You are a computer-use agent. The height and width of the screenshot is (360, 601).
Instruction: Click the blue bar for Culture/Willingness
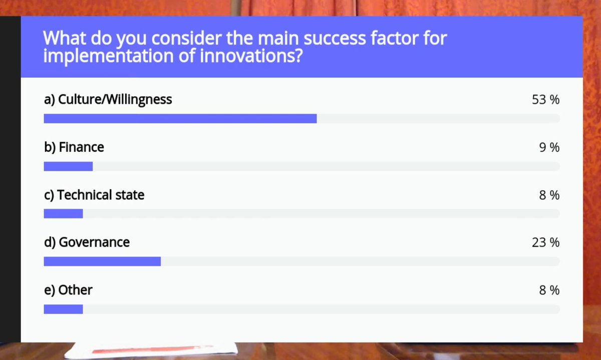180,119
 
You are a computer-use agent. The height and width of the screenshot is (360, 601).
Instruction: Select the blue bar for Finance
68,166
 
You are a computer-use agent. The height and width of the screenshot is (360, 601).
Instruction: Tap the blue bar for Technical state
63,214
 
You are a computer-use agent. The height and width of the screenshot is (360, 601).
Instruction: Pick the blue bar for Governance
102,261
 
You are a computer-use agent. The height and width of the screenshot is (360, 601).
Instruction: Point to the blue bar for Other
63,309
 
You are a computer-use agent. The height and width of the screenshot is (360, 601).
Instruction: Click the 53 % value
545,100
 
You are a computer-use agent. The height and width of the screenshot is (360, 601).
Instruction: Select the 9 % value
549,148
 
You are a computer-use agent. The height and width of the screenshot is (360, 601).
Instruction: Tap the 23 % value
545,243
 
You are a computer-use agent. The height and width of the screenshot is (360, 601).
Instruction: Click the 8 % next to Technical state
549,195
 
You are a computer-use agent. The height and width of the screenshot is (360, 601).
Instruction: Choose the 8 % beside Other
549,290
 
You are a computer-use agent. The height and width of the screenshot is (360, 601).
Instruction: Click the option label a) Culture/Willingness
108,100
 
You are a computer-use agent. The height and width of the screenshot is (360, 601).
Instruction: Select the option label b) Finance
74,147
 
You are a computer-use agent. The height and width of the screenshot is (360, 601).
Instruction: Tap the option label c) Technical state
94,195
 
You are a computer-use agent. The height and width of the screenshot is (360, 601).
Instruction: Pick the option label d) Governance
87,242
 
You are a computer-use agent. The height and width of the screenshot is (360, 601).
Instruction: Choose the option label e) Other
68,290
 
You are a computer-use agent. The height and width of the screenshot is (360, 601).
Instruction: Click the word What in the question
62,38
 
